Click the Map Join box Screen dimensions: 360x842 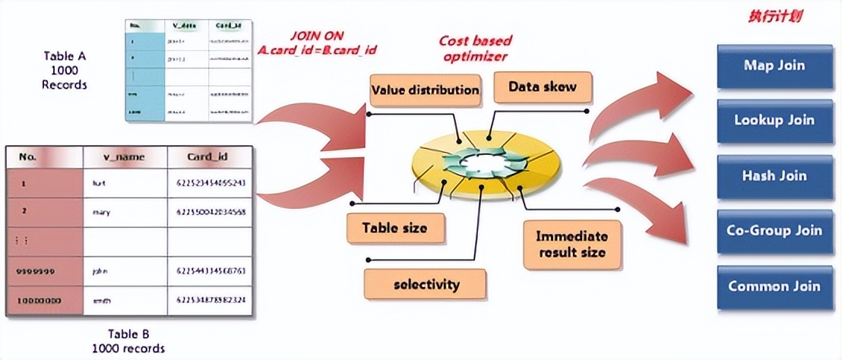(774, 65)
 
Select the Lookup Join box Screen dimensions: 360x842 (774, 120)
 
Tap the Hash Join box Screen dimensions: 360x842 (774, 175)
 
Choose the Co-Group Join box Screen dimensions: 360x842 (774, 231)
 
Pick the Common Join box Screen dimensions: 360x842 (774, 286)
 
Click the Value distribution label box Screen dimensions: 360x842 (425, 90)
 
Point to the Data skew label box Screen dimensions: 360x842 (542, 87)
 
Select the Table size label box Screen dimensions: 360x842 (394, 228)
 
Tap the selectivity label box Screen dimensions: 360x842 (426, 284)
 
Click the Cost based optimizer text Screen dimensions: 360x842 (475, 48)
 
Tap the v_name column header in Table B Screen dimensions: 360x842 (125, 158)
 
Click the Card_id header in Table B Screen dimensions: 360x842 (207, 158)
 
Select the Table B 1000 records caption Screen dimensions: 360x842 (128, 341)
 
